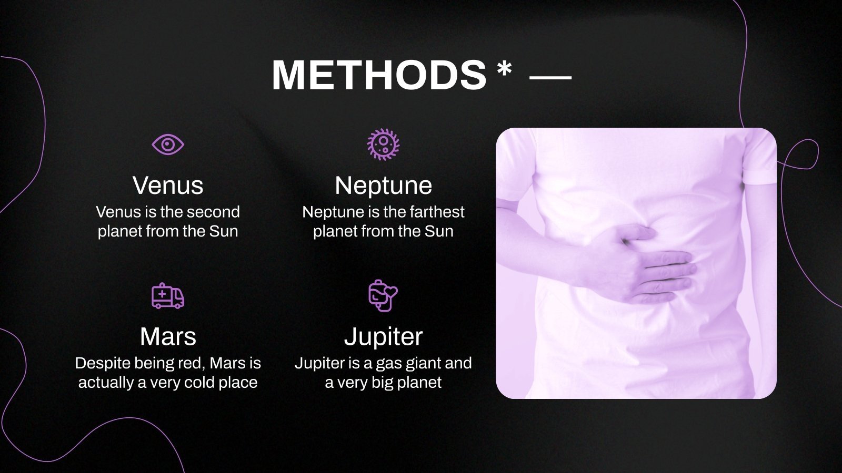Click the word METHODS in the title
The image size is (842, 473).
click(379, 75)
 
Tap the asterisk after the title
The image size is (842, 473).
click(505, 69)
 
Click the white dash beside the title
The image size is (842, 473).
click(550, 78)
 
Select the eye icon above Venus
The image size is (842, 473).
click(168, 145)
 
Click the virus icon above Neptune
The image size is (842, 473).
click(383, 145)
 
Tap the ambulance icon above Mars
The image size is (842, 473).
click(168, 296)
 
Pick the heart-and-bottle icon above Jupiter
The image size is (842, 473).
click(383, 296)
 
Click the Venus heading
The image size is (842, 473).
click(168, 185)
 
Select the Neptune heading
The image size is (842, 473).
click(384, 185)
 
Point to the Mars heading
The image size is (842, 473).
click(168, 336)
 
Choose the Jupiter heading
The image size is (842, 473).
click(384, 337)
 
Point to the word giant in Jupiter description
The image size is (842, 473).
click(410, 364)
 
